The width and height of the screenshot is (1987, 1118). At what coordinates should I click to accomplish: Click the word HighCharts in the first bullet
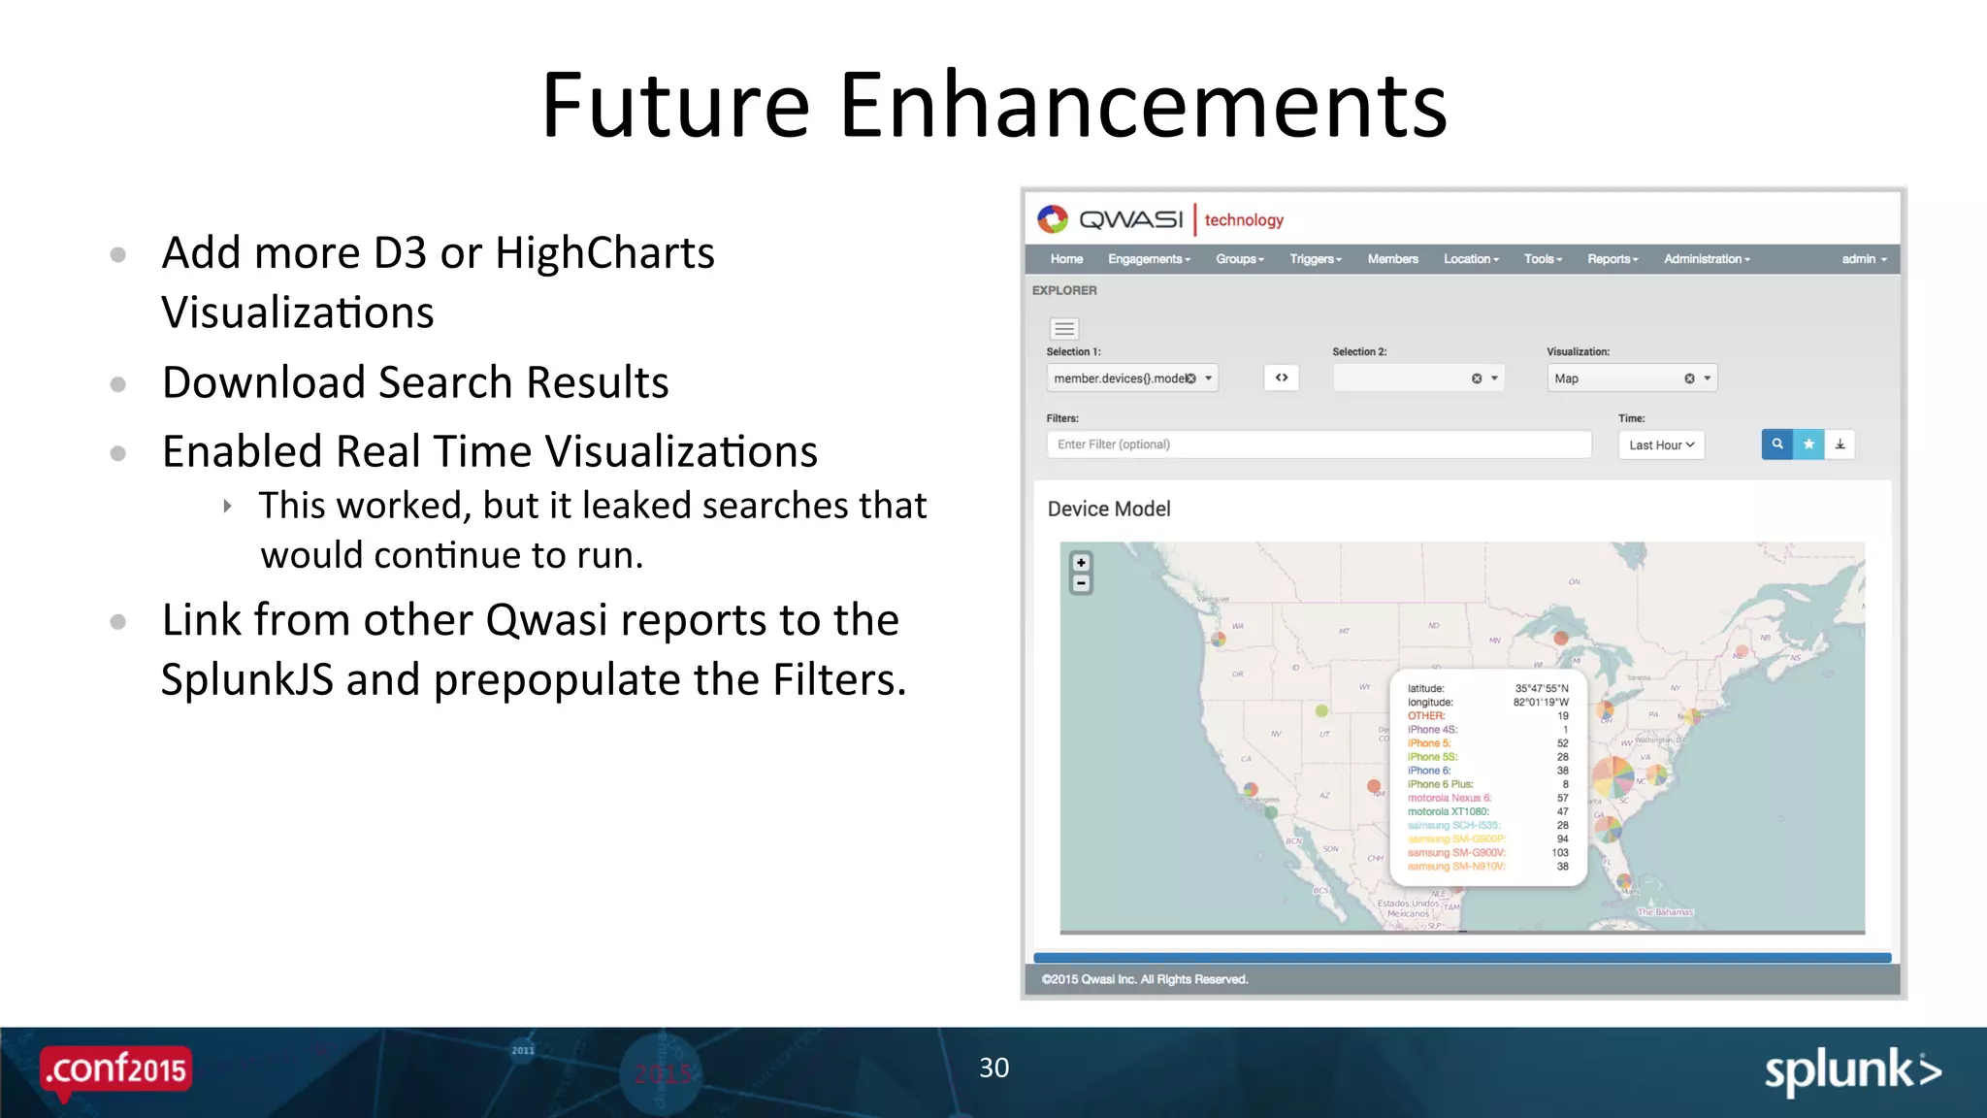604,253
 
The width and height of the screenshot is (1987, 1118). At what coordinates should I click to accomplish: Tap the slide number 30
993,1068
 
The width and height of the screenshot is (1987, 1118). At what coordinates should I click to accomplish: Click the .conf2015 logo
116,1069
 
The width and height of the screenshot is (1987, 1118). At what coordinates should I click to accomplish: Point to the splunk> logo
1851,1071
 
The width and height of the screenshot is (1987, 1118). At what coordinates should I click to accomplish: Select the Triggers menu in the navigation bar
1315,259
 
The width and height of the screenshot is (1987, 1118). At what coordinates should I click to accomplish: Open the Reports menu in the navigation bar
1612,259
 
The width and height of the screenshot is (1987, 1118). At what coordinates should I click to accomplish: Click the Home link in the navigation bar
1066,259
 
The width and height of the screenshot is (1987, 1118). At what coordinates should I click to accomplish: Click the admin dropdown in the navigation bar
1864,259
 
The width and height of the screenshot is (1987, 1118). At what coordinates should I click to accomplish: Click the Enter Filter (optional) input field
1318,444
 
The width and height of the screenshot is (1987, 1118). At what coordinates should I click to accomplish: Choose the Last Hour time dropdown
1661,445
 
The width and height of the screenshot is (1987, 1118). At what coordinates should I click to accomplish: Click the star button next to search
1808,444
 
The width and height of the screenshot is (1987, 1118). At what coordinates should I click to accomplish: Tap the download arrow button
1840,444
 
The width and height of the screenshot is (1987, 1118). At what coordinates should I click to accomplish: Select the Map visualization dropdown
1630,378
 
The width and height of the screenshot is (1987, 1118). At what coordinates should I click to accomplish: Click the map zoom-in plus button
1081,563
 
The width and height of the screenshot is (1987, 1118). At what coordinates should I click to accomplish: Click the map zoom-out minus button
1081,583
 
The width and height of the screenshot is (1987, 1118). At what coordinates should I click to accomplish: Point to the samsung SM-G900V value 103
1559,853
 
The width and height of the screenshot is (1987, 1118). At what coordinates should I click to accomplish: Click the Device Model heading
1109,510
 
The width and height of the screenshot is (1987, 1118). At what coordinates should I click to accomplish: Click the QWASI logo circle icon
1053,219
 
